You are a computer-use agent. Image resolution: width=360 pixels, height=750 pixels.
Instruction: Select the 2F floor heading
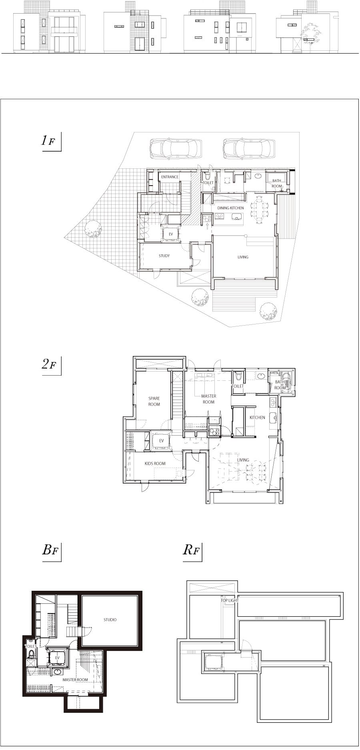pyautogui.click(x=49, y=364)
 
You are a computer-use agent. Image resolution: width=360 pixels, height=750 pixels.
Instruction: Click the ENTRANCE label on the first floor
pyautogui.click(x=170, y=177)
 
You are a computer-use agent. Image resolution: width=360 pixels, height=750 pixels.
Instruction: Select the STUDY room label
pyautogui.click(x=164, y=256)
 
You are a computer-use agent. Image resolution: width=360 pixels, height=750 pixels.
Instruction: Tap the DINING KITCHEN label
pyautogui.click(x=230, y=208)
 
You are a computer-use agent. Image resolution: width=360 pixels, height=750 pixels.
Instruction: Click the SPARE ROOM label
pyautogui.click(x=154, y=401)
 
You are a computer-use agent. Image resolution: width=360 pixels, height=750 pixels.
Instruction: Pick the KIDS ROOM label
pyautogui.click(x=155, y=464)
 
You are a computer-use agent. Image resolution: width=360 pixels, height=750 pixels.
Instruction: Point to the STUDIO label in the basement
pyautogui.click(x=110, y=620)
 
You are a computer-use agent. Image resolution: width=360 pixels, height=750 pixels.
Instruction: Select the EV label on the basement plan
pyautogui.click(x=57, y=658)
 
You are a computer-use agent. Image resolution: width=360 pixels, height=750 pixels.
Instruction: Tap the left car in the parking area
pyautogui.click(x=175, y=148)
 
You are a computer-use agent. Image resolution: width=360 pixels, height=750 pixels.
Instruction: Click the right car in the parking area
pyautogui.click(x=249, y=148)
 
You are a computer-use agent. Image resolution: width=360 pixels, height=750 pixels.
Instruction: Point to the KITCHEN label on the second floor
pyautogui.click(x=257, y=418)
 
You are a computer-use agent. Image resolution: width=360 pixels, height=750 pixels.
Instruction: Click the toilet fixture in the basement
pyautogui.click(x=31, y=653)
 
